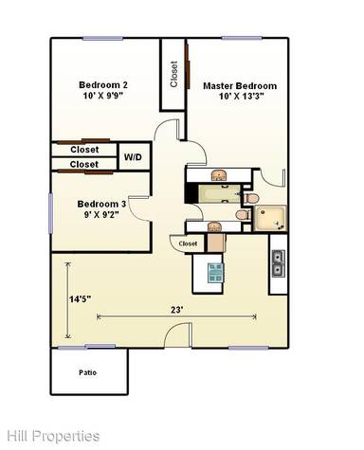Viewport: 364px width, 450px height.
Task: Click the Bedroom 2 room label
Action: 102,85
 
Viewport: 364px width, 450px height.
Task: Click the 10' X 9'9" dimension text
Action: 103,97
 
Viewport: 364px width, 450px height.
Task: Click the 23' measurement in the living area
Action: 177,307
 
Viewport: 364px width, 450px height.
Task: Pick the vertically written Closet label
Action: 173,74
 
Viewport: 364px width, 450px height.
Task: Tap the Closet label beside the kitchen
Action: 187,244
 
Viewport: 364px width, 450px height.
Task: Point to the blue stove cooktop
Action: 215,273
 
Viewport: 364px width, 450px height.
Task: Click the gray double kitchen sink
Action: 278,262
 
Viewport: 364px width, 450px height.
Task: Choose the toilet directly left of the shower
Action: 243,215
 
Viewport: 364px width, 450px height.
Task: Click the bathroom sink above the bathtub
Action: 218,175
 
